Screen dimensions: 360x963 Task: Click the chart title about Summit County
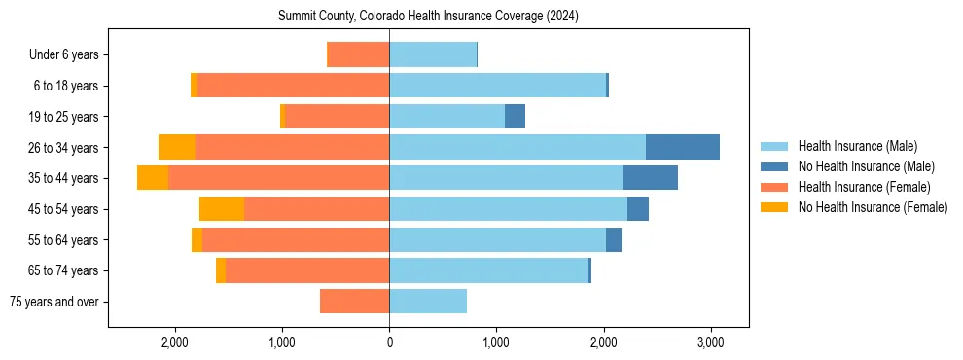coord(428,17)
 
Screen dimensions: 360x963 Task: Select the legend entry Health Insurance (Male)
coord(857,146)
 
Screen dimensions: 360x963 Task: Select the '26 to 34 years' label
coord(62,148)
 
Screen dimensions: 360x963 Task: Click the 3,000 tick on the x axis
coord(710,342)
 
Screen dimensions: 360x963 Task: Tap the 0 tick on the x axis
coord(389,342)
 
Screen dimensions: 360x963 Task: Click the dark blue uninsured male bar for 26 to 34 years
coord(682,147)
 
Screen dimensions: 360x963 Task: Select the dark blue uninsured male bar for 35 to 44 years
coord(650,178)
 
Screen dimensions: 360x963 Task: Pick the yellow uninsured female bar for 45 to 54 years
coord(222,209)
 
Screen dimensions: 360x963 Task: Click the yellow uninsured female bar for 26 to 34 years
coord(177,147)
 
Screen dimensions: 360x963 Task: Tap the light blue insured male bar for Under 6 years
coord(433,54)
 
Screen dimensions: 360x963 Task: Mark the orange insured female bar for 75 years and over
coord(354,302)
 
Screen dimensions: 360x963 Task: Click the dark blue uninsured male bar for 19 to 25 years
coord(515,117)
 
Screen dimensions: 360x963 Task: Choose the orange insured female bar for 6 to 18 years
coord(293,86)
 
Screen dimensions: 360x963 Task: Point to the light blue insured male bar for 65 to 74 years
coord(488,270)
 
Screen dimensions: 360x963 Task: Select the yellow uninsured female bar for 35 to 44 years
coord(153,178)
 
